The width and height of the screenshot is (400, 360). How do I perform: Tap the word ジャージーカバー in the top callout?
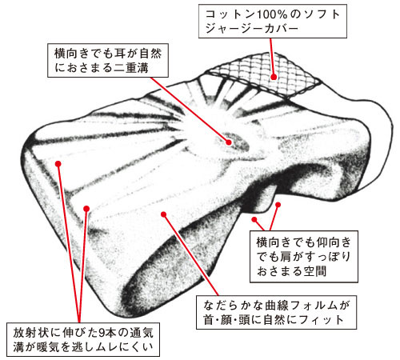251,29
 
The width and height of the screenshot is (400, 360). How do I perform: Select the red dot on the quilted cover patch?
274,77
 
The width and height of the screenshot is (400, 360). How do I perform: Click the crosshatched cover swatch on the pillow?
264,74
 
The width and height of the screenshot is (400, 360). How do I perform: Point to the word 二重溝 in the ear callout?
131,68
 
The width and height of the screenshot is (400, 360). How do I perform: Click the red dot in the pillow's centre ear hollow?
229,142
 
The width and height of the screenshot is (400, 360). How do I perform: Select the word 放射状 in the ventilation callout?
30,333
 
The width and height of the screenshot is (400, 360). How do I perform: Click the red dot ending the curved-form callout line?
164,214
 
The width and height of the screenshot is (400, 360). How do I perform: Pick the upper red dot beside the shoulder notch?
278,205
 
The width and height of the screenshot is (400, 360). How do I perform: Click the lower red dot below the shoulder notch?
254,219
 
